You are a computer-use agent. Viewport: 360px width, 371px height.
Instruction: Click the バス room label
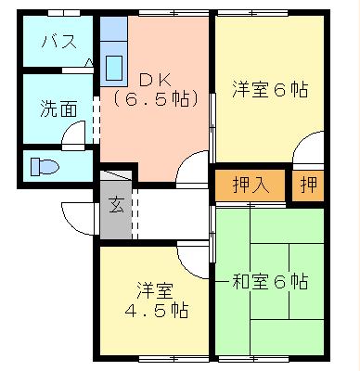[x=58, y=42]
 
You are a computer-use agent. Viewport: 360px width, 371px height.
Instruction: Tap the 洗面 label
[x=58, y=109]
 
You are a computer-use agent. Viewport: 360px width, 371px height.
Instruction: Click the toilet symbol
[x=45, y=167]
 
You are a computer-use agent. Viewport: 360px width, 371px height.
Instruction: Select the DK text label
[x=155, y=81]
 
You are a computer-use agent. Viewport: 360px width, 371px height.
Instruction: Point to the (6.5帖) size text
[x=155, y=98]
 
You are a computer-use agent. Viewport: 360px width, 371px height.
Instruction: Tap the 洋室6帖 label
[x=270, y=89]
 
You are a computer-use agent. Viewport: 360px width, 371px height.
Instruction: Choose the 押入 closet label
[x=251, y=185]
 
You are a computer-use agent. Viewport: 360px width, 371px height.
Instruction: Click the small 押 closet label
[x=308, y=185]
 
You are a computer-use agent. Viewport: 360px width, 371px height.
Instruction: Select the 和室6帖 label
[x=270, y=281]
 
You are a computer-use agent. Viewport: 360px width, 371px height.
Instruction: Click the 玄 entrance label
[x=116, y=205]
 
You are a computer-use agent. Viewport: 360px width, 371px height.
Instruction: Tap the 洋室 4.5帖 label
[x=156, y=300]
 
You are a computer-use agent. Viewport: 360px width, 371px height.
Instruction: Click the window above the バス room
[x=64, y=13]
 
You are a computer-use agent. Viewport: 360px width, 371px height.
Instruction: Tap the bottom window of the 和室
[x=253, y=359]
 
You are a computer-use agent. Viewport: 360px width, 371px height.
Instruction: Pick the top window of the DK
[x=174, y=13]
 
